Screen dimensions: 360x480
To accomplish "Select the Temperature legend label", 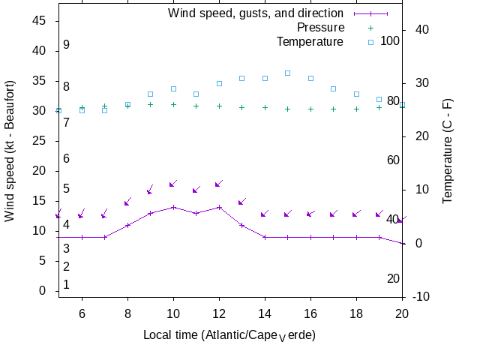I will [310, 41].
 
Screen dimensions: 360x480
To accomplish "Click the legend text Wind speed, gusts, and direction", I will [256, 13].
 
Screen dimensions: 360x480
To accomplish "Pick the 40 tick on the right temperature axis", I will [421, 29].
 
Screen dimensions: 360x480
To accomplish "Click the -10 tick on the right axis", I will [421, 297].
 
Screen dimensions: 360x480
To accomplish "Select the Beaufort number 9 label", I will [66, 45].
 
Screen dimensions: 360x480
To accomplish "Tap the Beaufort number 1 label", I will [66, 285].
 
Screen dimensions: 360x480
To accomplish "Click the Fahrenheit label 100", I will [390, 40].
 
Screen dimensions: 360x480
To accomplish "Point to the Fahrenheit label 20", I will [393, 279].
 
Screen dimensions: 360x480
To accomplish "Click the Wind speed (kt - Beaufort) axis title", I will [10, 157].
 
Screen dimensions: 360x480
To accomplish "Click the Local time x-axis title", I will [229, 334].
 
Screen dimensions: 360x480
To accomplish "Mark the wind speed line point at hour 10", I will [173, 207].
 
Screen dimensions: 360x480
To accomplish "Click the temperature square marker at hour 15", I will [288, 73].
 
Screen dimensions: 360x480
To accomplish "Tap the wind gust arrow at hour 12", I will [219, 183].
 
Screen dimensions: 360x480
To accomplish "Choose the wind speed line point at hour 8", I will [127, 225].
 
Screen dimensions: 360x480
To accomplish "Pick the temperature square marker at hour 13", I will [242, 78].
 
